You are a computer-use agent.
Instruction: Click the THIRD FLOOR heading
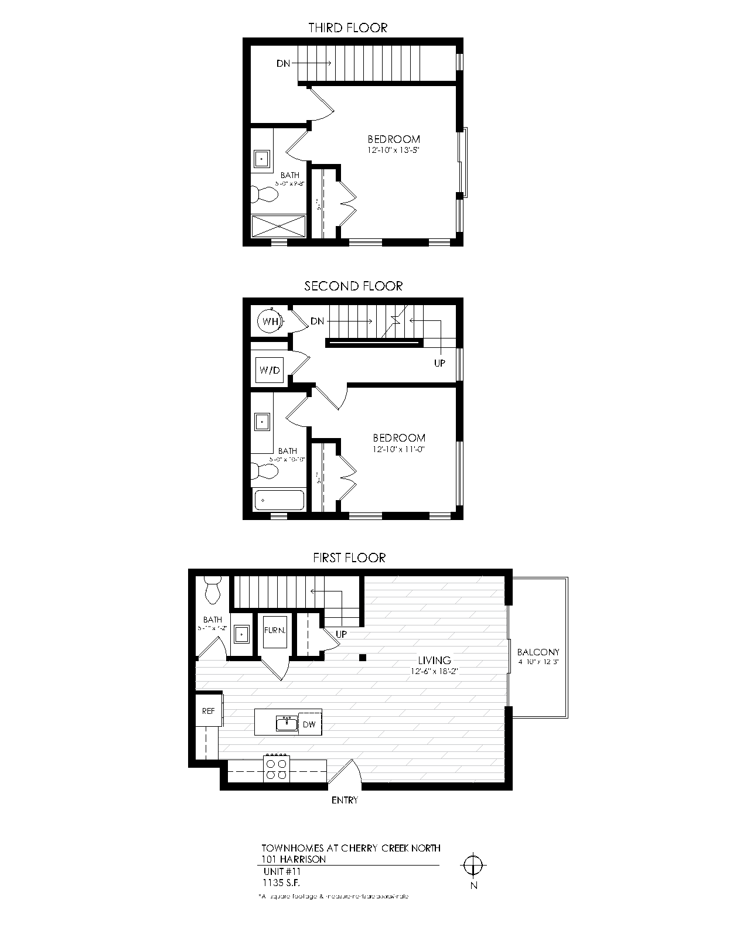point(347,28)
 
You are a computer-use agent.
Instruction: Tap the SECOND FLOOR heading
point(353,286)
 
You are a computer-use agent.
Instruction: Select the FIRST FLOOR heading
point(349,558)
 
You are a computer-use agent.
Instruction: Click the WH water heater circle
point(270,321)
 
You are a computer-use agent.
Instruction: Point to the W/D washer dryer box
point(270,370)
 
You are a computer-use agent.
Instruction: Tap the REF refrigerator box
point(208,711)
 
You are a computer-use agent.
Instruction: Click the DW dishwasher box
point(309,724)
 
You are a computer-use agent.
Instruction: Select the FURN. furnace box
point(274,631)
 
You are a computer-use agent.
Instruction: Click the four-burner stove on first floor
point(277,769)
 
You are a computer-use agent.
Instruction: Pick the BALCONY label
point(538,652)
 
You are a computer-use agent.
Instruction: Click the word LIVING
point(434,660)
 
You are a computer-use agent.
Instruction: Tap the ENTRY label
point(345,800)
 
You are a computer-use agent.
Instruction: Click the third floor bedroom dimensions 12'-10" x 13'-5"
point(394,150)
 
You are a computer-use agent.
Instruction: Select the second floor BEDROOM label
point(399,437)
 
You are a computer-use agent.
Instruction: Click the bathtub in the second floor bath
point(279,500)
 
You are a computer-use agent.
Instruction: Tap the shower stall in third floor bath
point(279,227)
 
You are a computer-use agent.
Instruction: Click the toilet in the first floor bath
point(212,589)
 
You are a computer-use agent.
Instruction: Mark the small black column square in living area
point(363,658)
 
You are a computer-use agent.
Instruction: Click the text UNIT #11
point(282,871)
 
